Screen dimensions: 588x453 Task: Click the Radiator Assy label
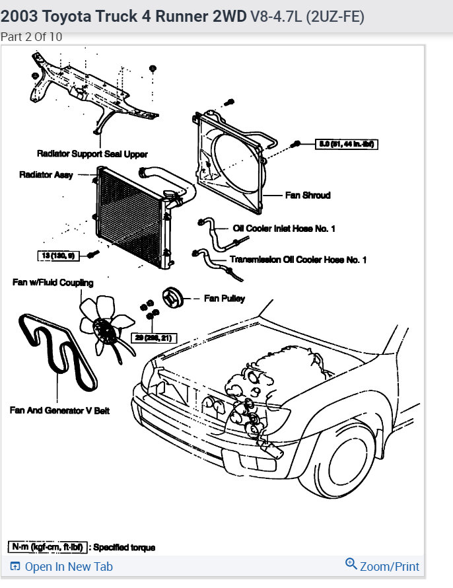click(46, 175)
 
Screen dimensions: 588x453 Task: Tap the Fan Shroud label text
click(308, 196)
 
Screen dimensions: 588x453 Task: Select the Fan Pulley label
click(225, 299)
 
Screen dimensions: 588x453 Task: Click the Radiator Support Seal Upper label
click(92, 153)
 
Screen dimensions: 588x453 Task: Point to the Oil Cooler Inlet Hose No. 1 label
click(284, 229)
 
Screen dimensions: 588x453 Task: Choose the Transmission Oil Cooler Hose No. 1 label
click(298, 260)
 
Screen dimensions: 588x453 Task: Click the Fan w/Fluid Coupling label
click(53, 282)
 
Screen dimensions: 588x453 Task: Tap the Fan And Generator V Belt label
click(59, 410)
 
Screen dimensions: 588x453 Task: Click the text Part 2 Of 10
click(32, 37)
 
